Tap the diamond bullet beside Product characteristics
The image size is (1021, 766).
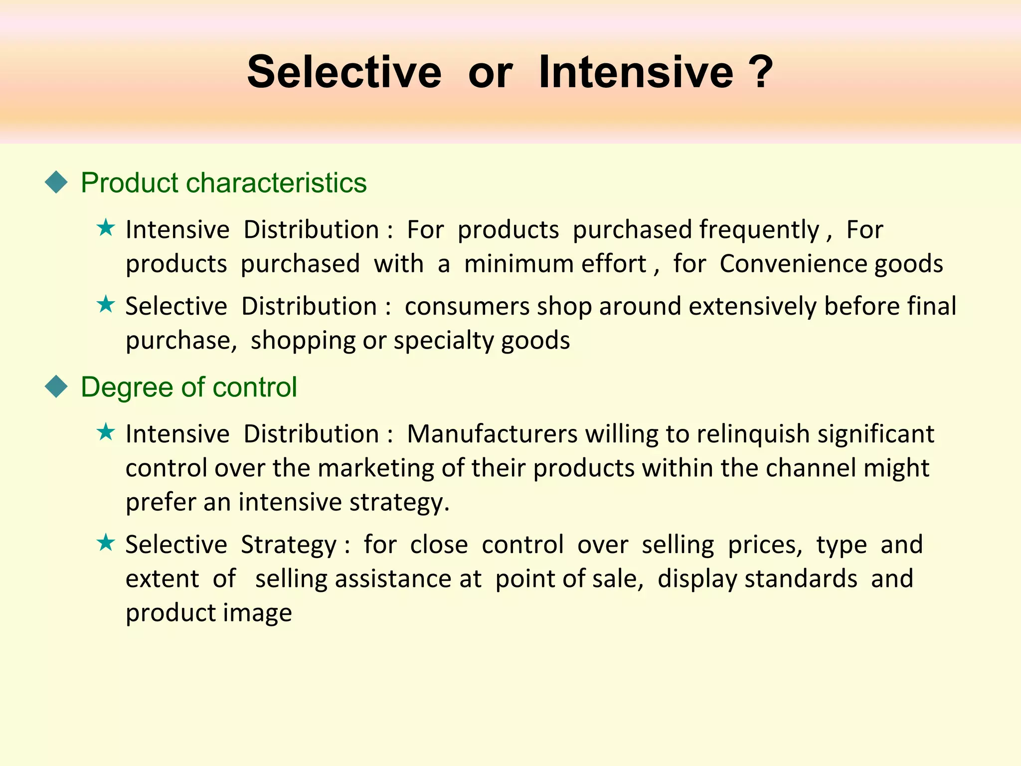[56, 183]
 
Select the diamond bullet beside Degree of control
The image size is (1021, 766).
[56, 387]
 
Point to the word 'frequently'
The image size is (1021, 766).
[759, 230]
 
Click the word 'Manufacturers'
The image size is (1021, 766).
[492, 434]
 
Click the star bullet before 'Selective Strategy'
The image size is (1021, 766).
[106, 542]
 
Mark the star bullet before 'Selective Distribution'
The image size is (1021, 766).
[106, 304]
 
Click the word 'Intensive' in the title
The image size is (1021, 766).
[636, 73]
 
